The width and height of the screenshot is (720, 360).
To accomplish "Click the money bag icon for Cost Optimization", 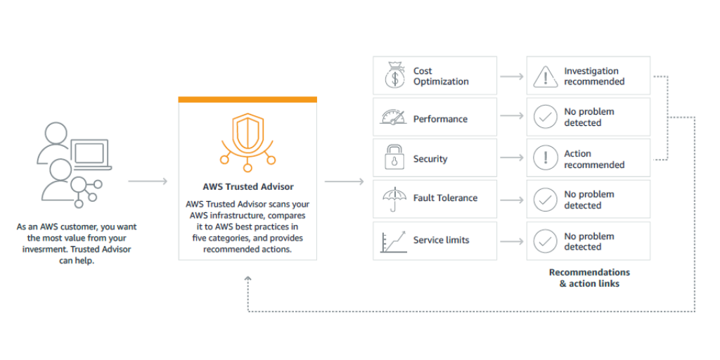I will coord(394,76).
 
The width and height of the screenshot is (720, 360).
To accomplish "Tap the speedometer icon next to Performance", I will coord(394,117).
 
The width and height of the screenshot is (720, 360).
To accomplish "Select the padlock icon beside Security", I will coord(394,158).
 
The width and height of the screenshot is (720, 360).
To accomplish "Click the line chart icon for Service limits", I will coord(394,240).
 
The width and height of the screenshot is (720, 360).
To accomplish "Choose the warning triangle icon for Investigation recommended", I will coord(545,76).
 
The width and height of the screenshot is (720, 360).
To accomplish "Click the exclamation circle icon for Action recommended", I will coord(545,159).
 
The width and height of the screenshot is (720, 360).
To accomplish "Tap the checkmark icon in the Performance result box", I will coord(545,117).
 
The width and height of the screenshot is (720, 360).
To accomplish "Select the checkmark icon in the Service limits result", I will coord(545,241).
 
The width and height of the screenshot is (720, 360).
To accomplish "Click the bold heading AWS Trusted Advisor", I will coord(248,187).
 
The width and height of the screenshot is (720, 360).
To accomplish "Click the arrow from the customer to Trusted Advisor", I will coord(148,181).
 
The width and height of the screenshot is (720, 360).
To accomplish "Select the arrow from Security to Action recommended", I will coord(511,159).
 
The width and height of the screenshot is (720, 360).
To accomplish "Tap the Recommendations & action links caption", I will coord(589,278).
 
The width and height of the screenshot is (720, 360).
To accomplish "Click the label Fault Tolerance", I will coord(446,199).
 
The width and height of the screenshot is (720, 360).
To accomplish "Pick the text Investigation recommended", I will coord(593,76).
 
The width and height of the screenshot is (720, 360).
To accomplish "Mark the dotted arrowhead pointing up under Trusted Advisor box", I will coord(247,281).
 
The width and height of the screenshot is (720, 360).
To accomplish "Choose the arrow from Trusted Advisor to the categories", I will coord(344,181).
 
